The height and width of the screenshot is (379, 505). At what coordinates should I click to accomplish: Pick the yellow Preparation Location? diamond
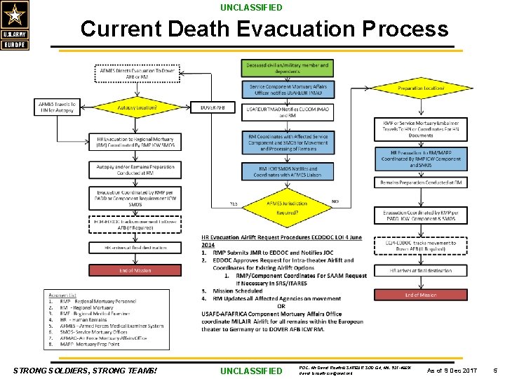point(420,88)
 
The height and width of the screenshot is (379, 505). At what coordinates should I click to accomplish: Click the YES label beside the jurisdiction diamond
point(233,204)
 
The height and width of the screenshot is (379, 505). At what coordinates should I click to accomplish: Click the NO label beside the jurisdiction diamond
point(335,201)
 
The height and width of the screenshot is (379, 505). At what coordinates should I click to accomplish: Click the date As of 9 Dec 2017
point(452,370)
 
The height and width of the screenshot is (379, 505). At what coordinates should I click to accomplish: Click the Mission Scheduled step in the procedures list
point(238,291)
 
